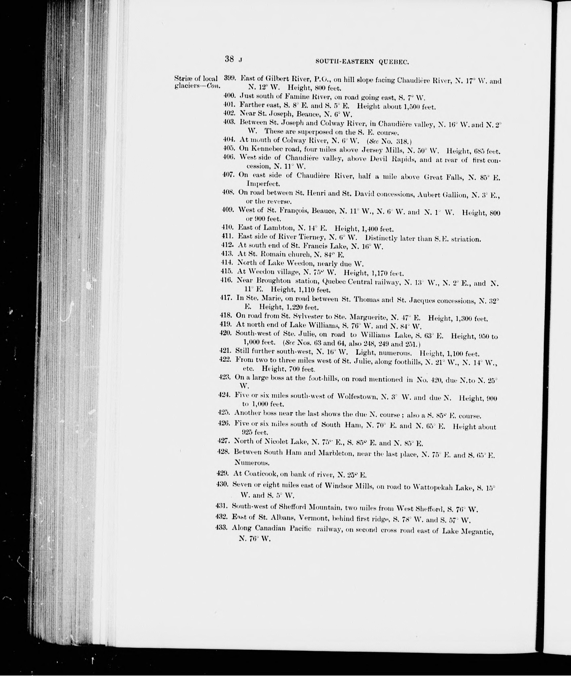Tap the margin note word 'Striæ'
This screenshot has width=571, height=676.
(181, 78)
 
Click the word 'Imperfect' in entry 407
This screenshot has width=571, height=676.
(263, 184)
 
